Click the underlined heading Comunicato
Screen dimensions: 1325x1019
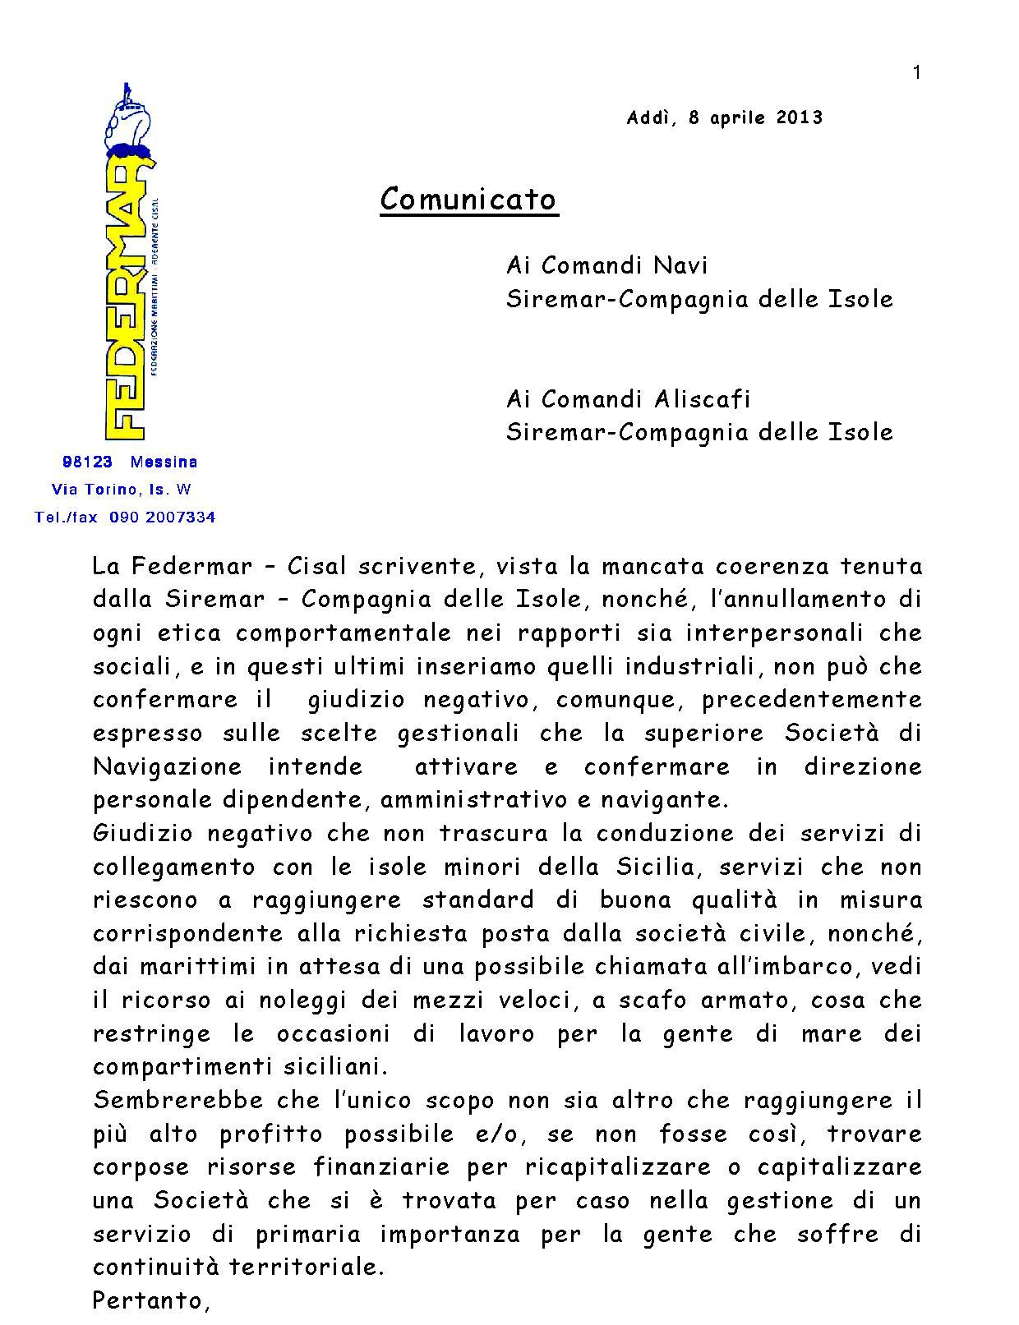pos(468,199)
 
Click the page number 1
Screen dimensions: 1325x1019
pos(916,73)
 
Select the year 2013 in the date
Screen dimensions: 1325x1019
pos(799,117)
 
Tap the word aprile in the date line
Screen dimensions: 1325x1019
pos(737,117)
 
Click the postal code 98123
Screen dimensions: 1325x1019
pos(87,462)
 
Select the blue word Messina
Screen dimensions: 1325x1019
pos(164,462)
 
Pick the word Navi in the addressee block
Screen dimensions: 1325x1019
pos(680,265)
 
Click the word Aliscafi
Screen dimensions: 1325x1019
pos(703,399)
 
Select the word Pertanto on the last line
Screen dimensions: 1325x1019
pos(147,1300)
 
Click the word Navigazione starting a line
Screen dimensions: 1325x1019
pos(168,766)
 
